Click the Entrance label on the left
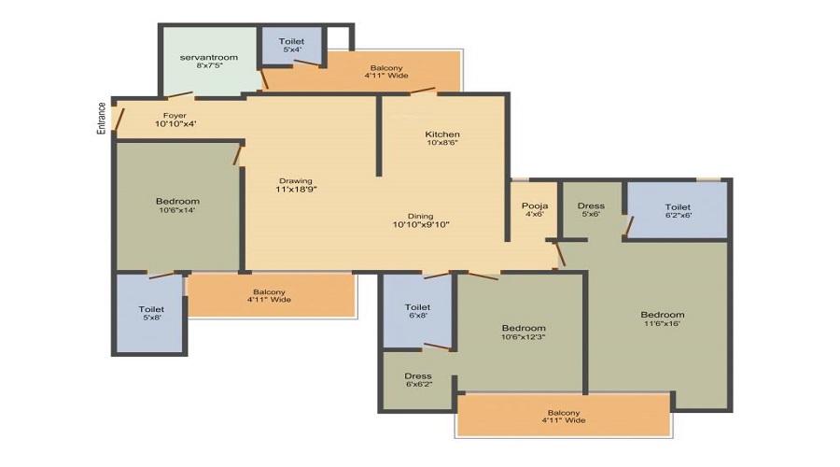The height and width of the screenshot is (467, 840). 101,118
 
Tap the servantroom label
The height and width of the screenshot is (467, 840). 209,57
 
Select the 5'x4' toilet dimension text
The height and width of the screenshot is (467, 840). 292,50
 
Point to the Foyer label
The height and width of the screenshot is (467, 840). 175,115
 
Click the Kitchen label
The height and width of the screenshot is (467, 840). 442,134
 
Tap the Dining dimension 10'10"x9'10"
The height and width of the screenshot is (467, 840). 421,225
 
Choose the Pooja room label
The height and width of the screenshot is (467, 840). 535,205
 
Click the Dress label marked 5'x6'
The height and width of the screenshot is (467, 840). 591,205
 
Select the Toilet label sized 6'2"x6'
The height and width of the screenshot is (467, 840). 678,207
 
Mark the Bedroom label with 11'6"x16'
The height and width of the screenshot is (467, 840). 663,315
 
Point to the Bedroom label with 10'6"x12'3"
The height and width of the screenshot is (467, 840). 524,328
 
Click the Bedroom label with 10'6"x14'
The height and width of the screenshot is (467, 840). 178,202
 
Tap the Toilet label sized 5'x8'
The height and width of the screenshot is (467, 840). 151,309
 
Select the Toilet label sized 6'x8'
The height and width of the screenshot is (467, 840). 417,307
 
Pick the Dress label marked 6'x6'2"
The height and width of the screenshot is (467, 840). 418,376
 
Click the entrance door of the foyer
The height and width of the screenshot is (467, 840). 119,120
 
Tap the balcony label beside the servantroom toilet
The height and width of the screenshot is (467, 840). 386,68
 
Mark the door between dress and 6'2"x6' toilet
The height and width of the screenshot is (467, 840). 629,226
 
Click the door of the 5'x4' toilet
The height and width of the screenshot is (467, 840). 310,64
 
